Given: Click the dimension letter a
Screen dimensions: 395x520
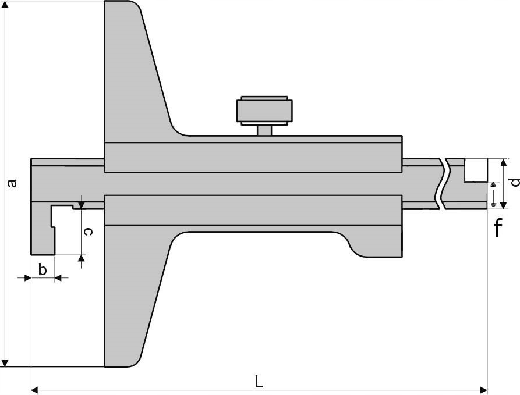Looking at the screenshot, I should tap(10, 184).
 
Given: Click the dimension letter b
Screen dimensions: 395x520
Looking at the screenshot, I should tap(42, 270).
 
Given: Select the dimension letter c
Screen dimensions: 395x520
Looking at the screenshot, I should tap(87, 232).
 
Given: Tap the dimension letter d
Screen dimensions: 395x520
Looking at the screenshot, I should tap(515, 183).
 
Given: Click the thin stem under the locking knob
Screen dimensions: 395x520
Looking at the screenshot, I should tap(264, 130).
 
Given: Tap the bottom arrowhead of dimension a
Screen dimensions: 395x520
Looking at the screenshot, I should tap(5, 363).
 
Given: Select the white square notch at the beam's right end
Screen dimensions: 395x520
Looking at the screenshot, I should tap(475, 169).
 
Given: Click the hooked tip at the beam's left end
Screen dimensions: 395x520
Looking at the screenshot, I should tap(43, 233).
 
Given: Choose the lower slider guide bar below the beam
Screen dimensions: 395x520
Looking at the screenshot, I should tap(253, 209).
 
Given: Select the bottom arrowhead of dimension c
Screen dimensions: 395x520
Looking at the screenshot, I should tap(81, 258).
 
